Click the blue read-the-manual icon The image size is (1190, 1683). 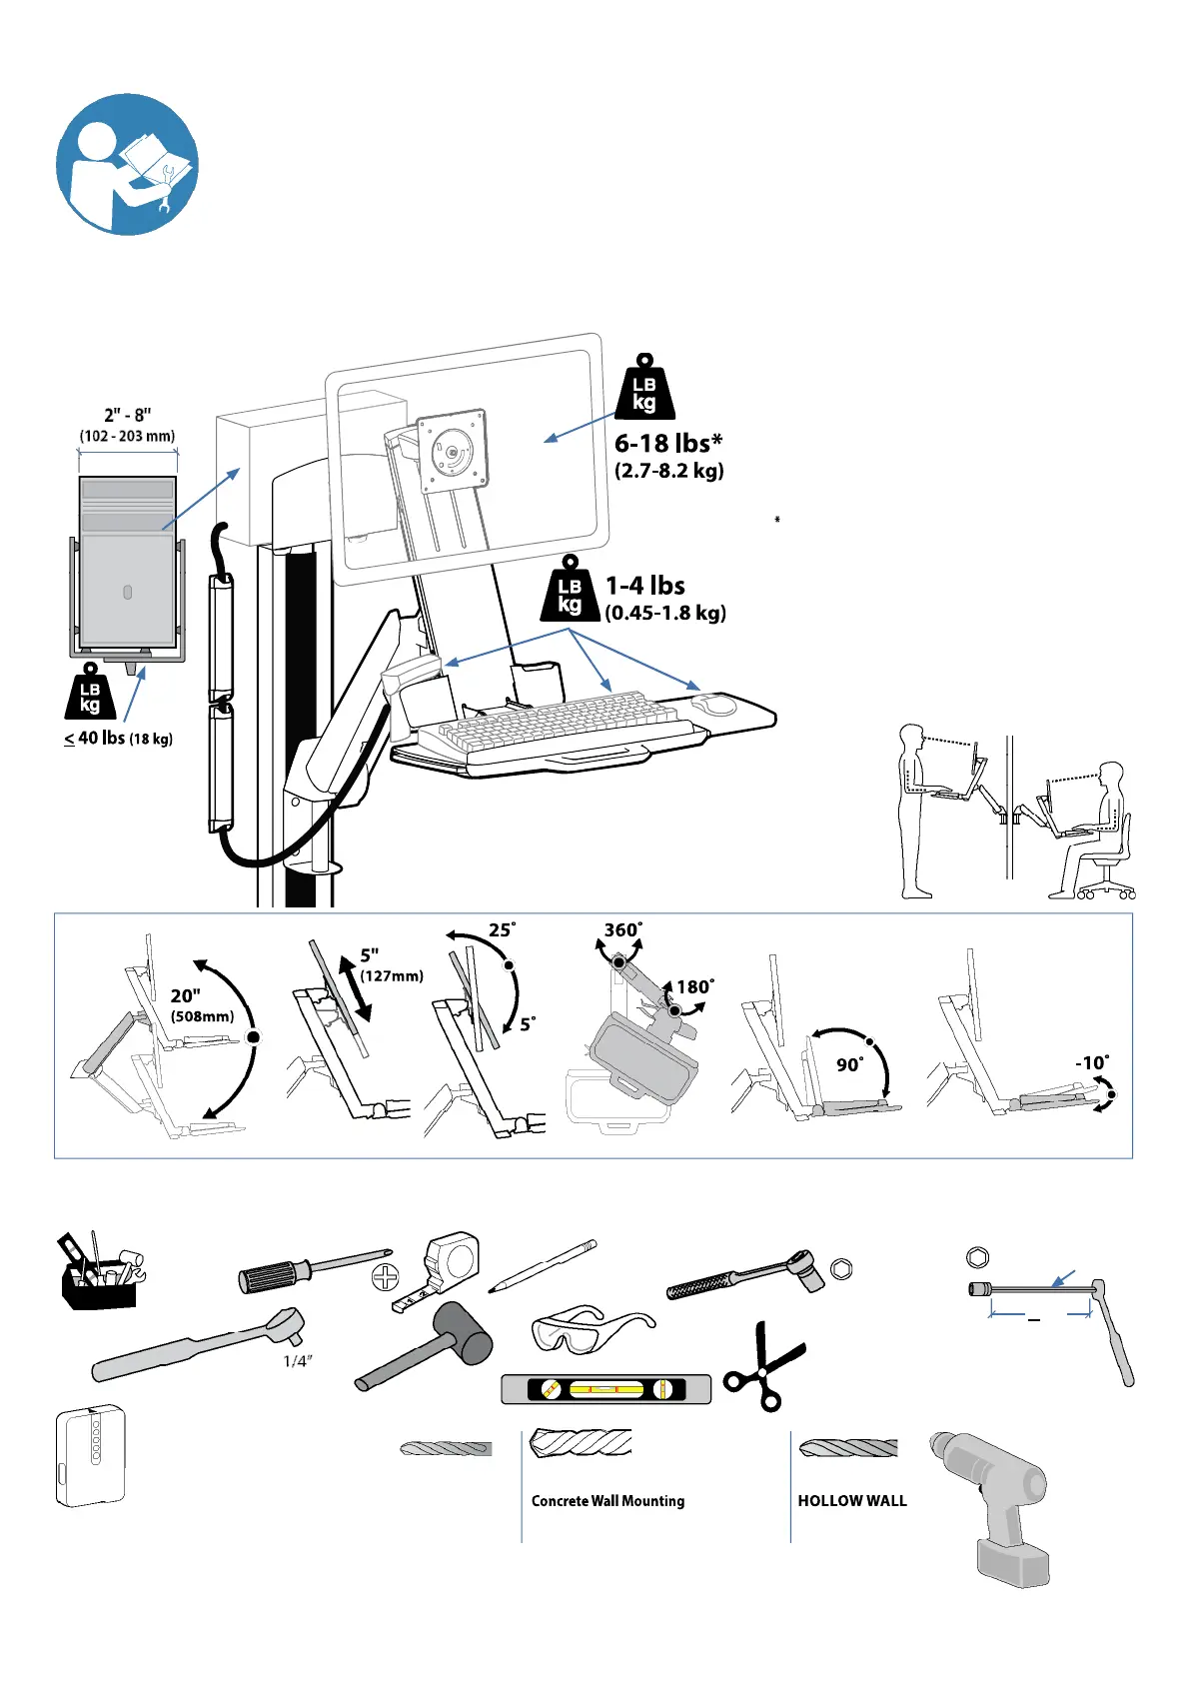[127, 165]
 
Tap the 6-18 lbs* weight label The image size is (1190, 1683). [667, 443]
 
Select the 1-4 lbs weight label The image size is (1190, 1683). [645, 586]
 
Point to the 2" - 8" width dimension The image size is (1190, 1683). [128, 416]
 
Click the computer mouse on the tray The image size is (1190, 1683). [714, 704]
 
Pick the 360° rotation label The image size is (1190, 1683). [622, 930]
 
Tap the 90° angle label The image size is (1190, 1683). [849, 1065]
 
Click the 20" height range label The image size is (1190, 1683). [186, 996]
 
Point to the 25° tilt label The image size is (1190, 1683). [502, 930]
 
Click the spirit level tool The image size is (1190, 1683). [605, 1389]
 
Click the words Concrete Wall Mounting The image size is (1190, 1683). [607, 1501]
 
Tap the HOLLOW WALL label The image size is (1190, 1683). [852, 1501]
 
